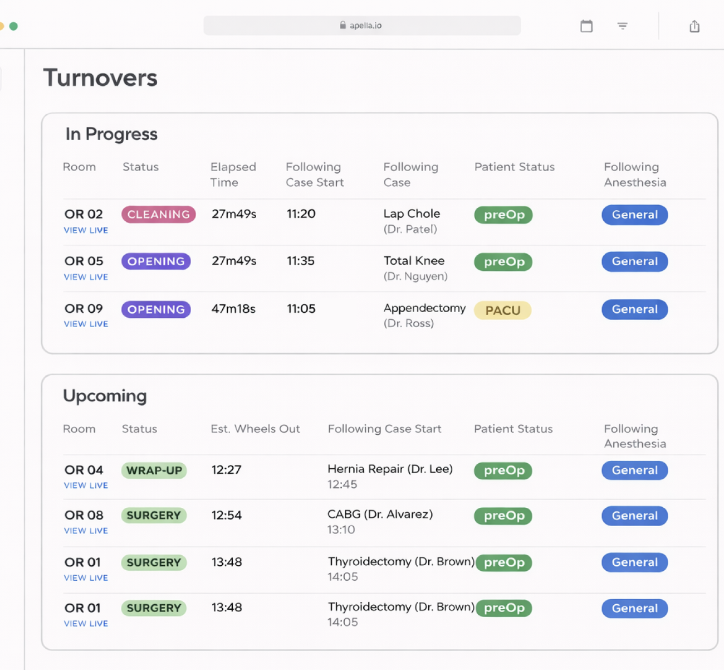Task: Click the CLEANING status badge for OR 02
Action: (158, 215)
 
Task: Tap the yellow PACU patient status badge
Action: (502, 310)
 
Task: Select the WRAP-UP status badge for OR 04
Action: (154, 470)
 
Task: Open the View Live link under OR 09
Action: (86, 324)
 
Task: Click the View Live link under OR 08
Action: (86, 531)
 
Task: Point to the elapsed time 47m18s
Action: (233, 309)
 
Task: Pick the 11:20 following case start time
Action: (301, 214)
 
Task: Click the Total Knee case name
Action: (414, 261)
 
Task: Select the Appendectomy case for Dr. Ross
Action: (424, 308)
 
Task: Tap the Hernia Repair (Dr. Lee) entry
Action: (390, 469)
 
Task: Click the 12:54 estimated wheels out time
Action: (227, 516)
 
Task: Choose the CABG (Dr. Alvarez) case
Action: (380, 514)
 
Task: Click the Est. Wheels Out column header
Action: (255, 429)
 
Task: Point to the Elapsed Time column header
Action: (233, 174)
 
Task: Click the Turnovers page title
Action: (100, 78)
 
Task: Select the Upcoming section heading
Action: (105, 396)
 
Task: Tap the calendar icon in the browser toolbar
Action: (586, 26)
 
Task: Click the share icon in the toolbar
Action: (694, 26)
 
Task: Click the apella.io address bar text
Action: (365, 26)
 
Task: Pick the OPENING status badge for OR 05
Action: (156, 261)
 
